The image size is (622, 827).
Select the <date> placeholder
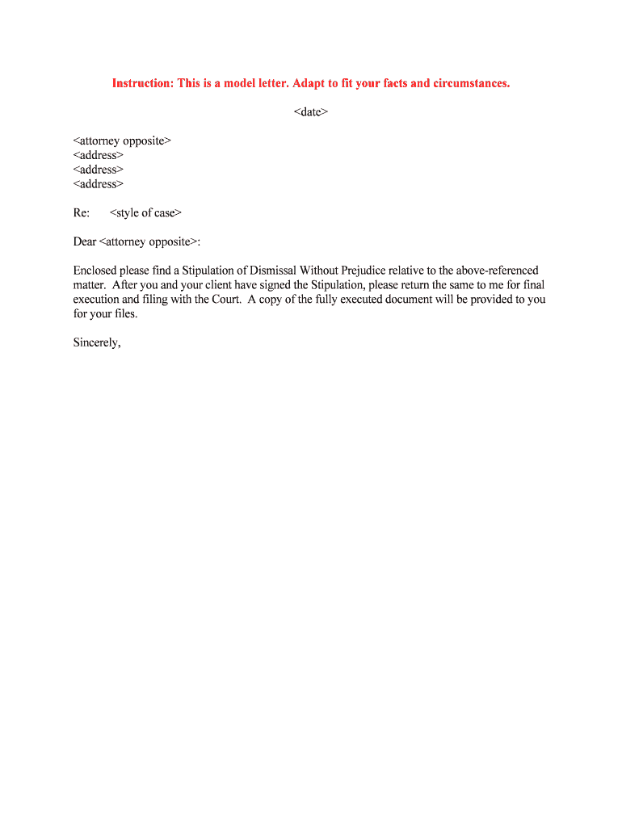[311, 112]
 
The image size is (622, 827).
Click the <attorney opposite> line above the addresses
[122, 141]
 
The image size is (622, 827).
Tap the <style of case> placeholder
[145, 213]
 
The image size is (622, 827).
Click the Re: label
[82, 213]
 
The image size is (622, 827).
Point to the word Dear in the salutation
[85, 241]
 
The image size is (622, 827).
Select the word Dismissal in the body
[282, 271]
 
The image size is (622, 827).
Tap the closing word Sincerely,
[97, 342]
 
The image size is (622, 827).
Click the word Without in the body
[323, 271]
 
